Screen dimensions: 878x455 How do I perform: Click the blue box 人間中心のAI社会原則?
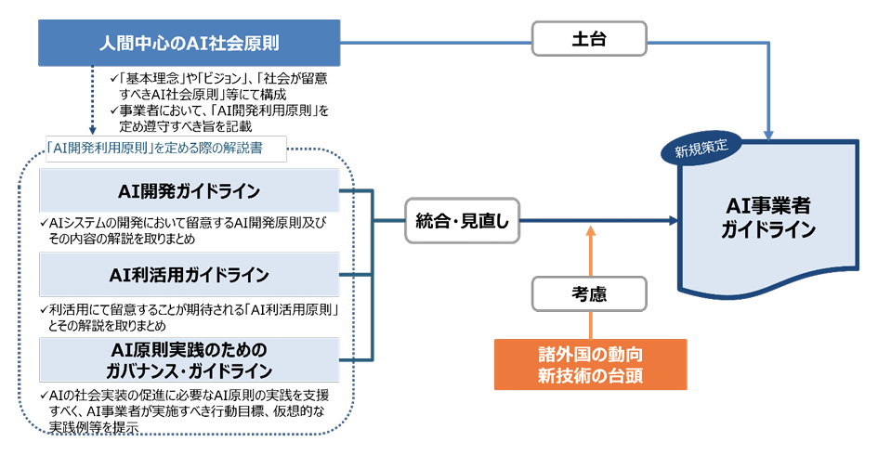click(x=190, y=43)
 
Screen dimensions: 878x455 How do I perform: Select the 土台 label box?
click(x=589, y=39)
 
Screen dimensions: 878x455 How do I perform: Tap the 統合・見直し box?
click(x=463, y=220)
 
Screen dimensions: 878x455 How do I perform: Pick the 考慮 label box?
click(x=589, y=293)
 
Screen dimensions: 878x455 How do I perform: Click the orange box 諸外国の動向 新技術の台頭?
click(x=590, y=364)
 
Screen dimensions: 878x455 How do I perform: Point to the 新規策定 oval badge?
click(x=701, y=149)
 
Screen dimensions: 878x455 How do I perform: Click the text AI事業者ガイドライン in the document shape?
click(x=768, y=217)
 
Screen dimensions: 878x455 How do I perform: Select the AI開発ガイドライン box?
click(x=190, y=191)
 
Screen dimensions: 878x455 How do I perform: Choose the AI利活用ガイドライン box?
click(x=190, y=274)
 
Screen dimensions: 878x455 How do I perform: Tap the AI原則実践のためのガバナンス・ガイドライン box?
click(x=190, y=360)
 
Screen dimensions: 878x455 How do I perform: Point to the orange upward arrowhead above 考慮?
click(x=590, y=230)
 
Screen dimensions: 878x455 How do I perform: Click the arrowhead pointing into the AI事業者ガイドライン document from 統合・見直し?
click(x=674, y=220)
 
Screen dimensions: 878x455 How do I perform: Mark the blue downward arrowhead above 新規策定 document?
click(x=768, y=135)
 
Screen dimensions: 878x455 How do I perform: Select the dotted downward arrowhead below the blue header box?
click(x=92, y=130)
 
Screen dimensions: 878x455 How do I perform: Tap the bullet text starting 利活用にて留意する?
click(x=190, y=318)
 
